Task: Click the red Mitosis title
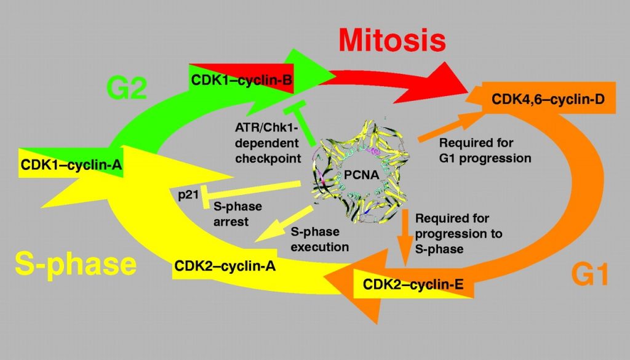click(391, 41)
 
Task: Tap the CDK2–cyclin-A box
click(224, 266)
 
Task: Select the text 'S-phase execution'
click(319, 240)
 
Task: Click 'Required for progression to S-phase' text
click(458, 234)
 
